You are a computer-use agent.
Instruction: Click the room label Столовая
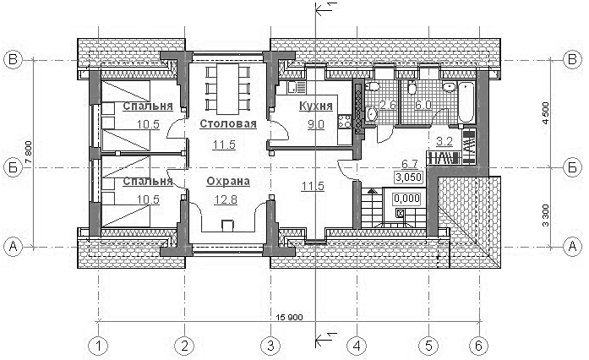(228, 123)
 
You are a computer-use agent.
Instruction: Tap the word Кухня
(316, 106)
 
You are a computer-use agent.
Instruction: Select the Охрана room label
(228, 181)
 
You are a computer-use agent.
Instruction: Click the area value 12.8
(226, 199)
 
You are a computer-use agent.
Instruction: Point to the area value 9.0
(315, 124)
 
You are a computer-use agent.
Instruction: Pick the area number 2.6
(388, 105)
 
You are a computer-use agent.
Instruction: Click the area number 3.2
(444, 142)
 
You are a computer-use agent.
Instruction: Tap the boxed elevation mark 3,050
(409, 177)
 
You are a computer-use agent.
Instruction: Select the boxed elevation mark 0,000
(406, 198)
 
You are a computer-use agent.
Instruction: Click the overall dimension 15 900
(289, 318)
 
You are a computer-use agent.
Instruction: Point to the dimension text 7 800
(30, 152)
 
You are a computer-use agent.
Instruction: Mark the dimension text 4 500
(546, 114)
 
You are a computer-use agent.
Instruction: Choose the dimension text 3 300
(546, 215)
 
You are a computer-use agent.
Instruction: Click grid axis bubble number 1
(98, 346)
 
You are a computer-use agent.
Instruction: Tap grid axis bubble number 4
(357, 346)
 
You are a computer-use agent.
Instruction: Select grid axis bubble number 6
(478, 346)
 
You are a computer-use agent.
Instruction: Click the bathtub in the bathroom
(466, 101)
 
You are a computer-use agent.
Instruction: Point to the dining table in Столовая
(228, 89)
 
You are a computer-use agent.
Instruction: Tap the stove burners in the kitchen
(345, 121)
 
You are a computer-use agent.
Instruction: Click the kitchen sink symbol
(297, 87)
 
